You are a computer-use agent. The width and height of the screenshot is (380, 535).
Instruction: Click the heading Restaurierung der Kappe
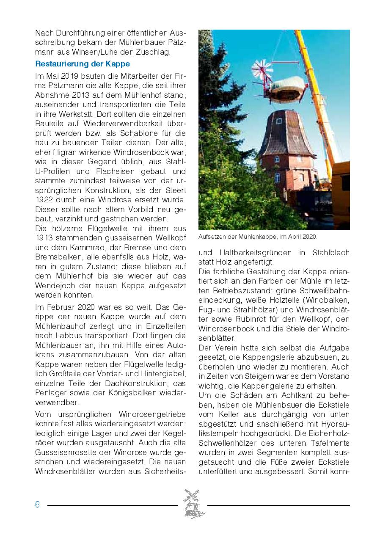click(x=83, y=64)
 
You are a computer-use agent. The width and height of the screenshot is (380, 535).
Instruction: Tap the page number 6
click(x=38, y=505)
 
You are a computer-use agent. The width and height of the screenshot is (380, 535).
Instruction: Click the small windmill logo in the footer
click(x=193, y=504)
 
